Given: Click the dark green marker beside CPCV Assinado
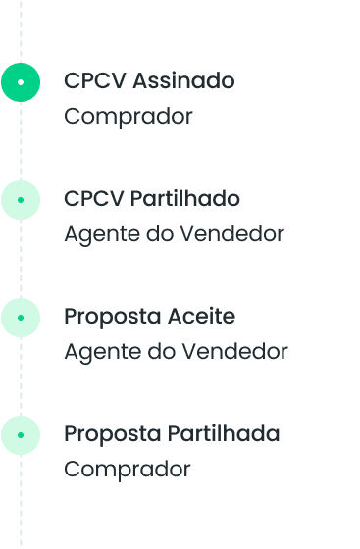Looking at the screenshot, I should tap(21, 82).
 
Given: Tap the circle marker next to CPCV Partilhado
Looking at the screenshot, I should tap(21, 200).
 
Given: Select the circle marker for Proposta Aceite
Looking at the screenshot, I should tap(21, 317).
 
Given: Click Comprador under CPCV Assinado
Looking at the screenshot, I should tap(129, 117).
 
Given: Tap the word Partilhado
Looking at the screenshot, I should tap(185, 199).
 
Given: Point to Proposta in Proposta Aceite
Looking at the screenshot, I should tap(110, 317).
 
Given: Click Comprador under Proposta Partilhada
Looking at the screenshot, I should tap(128, 470).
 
